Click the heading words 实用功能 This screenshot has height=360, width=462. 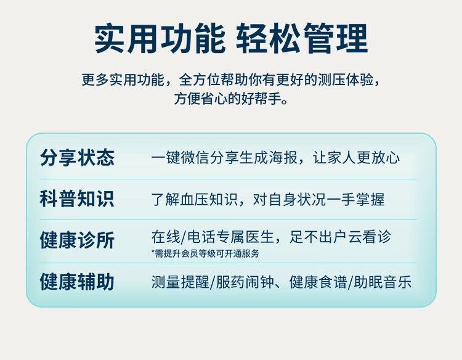(160, 39)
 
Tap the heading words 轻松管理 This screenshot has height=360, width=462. (302, 39)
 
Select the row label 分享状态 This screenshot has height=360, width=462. (77, 158)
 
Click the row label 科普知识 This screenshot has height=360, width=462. (77, 199)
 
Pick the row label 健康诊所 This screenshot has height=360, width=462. (77, 240)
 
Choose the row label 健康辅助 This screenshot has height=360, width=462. (77, 282)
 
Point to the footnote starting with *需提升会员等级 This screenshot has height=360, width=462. (205, 253)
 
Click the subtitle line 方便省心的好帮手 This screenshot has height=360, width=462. (231, 98)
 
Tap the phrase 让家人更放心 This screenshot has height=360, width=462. (356, 158)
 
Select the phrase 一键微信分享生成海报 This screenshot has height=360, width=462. (224, 158)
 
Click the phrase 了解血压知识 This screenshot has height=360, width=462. (195, 199)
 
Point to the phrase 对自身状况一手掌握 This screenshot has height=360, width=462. (319, 199)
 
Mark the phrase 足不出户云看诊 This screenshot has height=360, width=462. (340, 237)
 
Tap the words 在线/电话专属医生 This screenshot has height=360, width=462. (213, 237)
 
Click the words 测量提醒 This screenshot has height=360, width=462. (180, 282)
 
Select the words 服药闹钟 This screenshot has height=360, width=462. (245, 282)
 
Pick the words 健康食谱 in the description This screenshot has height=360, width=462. (318, 282)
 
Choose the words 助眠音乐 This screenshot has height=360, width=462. (383, 282)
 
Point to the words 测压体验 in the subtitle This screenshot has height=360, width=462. (346, 80)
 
